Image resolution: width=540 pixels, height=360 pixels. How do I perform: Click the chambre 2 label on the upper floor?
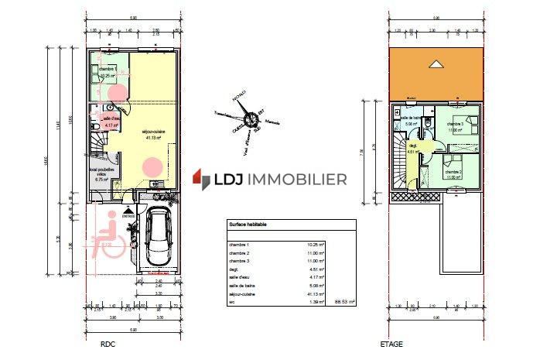point(454,171)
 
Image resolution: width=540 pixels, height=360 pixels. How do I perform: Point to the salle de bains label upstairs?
point(411,118)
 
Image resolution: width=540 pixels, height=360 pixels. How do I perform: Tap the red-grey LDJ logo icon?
point(202,180)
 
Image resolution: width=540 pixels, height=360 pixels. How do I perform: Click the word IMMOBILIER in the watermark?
point(299,180)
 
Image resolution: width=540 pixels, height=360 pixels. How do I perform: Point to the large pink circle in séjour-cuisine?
point(152,166)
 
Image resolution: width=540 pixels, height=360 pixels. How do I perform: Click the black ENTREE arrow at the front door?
point(128,209)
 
